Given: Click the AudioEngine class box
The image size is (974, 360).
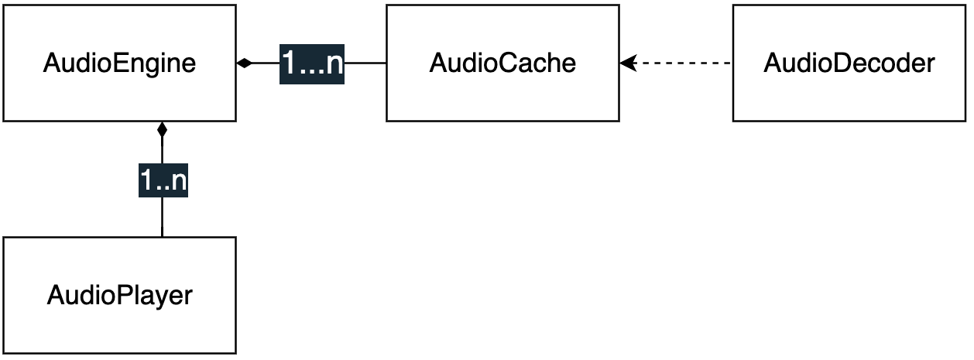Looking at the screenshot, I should tap(119, 63).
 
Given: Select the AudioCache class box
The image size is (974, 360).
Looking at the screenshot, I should tap(502, 63).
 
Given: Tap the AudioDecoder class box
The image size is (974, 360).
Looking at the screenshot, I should tap(849, 63).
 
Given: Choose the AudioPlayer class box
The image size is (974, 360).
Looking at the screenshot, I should tap(119, 295).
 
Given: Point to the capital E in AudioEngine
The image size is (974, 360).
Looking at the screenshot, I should tap(118, 63).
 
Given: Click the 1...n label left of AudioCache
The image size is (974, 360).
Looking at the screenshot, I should tap(311, 63).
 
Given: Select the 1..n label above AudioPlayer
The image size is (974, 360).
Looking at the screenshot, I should tap(163, 180).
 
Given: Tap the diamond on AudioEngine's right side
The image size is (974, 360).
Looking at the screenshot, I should tap(245, 63).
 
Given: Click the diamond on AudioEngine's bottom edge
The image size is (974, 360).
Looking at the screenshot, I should tap(162, 130).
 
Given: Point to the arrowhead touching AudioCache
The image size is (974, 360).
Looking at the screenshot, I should tap(627, 63).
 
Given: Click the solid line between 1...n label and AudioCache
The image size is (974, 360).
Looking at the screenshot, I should tap(365, 63).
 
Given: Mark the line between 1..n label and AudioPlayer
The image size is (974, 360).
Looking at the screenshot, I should tap(162, 217).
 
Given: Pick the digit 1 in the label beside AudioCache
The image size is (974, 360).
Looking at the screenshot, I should tap(289, 63).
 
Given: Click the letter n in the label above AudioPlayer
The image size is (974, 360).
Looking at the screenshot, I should tap(178, 182).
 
